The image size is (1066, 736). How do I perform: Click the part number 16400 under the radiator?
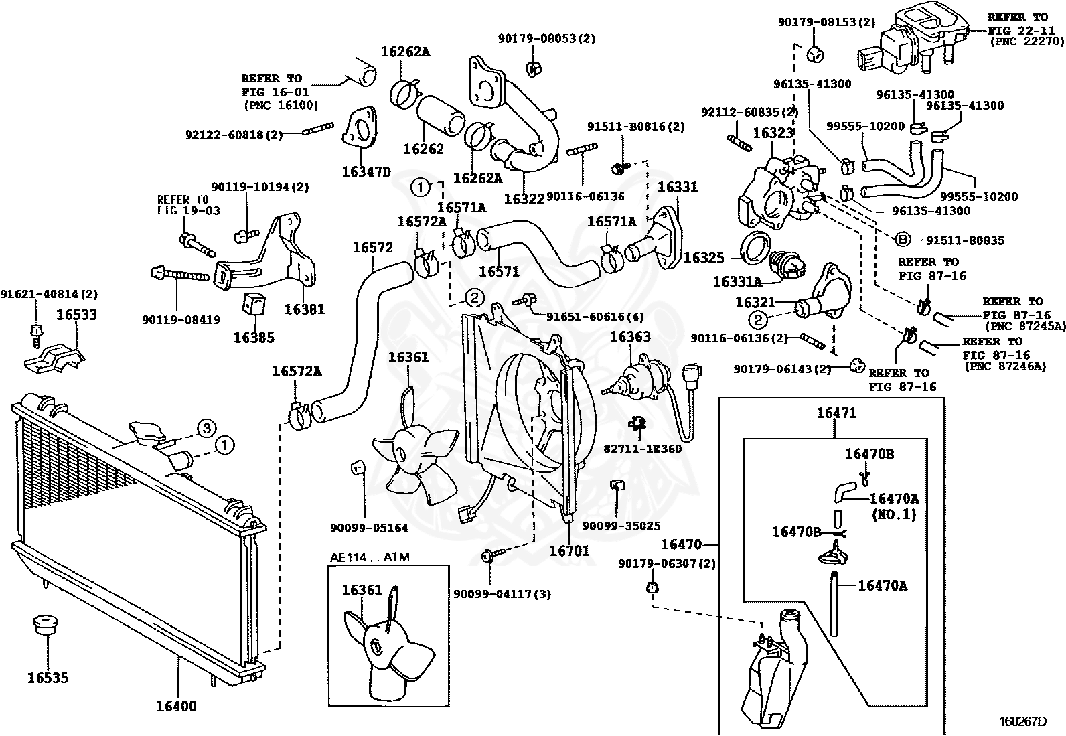click(176, 706)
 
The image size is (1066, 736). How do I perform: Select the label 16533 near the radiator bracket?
click(76, 315)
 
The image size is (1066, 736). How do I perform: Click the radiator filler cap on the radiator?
click(147, 433)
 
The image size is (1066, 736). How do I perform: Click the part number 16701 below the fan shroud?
click(570, 550)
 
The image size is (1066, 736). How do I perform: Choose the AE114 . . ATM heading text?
click(370, 557)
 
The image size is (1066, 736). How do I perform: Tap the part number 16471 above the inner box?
click(836, 413)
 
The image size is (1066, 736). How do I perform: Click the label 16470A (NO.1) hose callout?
click(894, 506)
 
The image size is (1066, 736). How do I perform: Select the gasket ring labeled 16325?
click(756, 248)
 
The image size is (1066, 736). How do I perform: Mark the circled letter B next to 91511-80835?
click(903, 240)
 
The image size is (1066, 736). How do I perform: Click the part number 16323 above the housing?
click(773, 133)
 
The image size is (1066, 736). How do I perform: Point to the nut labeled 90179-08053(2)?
click(533, 68)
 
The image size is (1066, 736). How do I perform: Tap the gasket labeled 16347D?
click(360, 130)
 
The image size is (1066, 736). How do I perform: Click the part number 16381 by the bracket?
click(304, 309)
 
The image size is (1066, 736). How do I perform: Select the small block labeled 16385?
click(255, 304)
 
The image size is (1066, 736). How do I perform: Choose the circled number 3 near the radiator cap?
click(206, 428)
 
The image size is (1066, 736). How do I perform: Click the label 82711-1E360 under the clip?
click(642, 449)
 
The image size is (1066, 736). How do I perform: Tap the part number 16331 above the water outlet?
click(677, 187)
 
